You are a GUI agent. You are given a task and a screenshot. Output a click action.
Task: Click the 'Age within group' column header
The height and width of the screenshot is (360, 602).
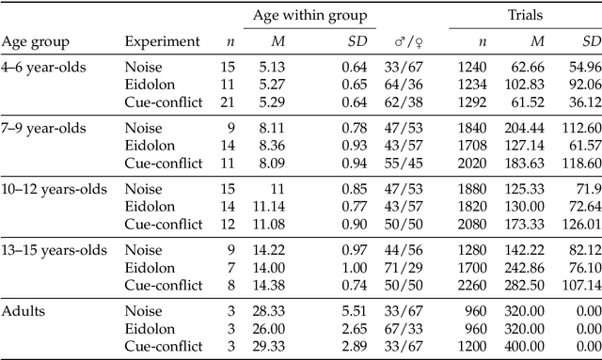[309, 15]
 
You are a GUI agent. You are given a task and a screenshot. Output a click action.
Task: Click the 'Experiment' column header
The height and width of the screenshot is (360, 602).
[163, 41]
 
